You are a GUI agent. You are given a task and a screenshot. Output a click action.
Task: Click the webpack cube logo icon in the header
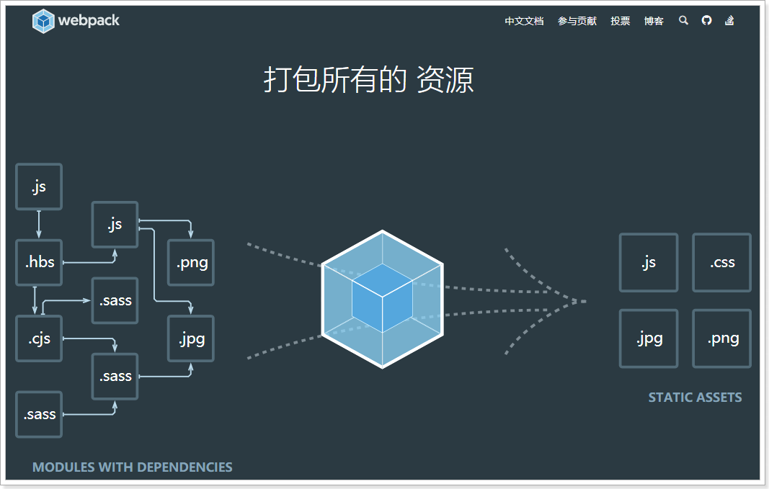(x=43, y=21)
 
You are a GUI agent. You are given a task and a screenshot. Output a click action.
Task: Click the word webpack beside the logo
(x=89, y=21)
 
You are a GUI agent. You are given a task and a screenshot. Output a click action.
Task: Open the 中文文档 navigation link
(x=524, y=21)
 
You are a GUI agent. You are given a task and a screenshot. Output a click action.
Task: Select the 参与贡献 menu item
(x=577, y=21)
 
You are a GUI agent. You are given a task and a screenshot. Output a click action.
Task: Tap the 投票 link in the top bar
(x=621, y=21)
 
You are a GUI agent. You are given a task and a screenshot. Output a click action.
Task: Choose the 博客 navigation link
(x=654, y=21)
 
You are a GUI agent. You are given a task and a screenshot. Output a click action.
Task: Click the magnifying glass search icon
(x=684, y=20)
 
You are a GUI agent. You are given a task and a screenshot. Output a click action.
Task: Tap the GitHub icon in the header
(x=707, y=20)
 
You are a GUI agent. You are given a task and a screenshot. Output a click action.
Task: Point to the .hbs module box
(x=40, y=262)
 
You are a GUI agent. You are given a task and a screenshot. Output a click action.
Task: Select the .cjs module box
(x=40, y=338)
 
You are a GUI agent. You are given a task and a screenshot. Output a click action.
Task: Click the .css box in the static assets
(x=721, y=262)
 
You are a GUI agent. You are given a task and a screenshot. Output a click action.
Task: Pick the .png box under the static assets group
(x=721, y=338)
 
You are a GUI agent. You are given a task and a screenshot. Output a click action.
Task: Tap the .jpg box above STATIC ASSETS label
(x=649, y=338)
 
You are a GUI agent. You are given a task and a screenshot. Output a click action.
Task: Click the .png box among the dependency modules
(x=191, y=262)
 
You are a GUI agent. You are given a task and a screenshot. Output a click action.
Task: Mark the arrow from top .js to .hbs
(x=39, y=224)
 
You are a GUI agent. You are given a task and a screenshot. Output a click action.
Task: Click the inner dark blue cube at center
(x=382, y=297)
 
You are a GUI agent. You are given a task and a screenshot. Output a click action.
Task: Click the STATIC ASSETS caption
(x=695, y=397)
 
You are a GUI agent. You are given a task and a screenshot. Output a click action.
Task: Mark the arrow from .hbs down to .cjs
(x=35, y=300)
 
